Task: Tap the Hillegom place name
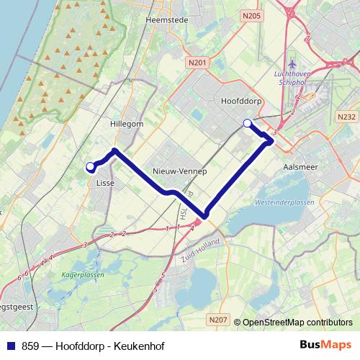point(127,124)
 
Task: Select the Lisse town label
point(104,183)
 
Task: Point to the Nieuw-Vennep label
point(180,171)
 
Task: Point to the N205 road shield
point(251,14)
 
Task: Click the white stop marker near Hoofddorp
point(248,123)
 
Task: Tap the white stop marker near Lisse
point(91,167)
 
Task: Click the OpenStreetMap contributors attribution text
point(297,323)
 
